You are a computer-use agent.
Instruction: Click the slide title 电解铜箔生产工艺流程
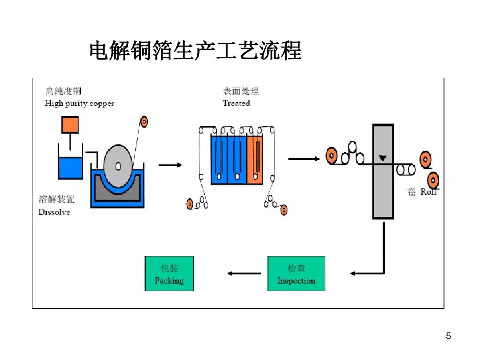click(196, 51)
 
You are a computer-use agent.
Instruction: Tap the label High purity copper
click(80, 104)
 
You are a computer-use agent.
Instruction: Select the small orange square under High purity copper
click(70, 125)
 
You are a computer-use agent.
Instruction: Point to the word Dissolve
click(54, 212)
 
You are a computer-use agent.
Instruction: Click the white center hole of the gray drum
click(118, 166)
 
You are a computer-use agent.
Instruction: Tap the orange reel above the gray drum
click(144, 121)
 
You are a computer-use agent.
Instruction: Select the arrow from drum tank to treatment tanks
click(170, 165)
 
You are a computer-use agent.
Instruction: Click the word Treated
click(236, 104)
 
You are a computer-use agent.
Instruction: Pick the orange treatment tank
click(255, 160)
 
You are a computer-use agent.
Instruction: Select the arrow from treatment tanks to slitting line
click(304, 159)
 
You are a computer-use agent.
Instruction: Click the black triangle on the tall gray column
click(382, 158)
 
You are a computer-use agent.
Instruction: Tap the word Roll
click(429, 192)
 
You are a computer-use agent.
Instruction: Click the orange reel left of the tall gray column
click(331, 156)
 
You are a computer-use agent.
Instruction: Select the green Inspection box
click(296, 274)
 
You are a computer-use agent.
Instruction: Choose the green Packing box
click(169, 274)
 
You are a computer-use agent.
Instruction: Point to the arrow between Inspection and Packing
click(244, 273)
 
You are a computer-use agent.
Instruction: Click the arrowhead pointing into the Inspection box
click(354, 273)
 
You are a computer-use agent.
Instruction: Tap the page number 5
click(448, 336)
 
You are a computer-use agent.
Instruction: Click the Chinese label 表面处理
click(240, 92)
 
